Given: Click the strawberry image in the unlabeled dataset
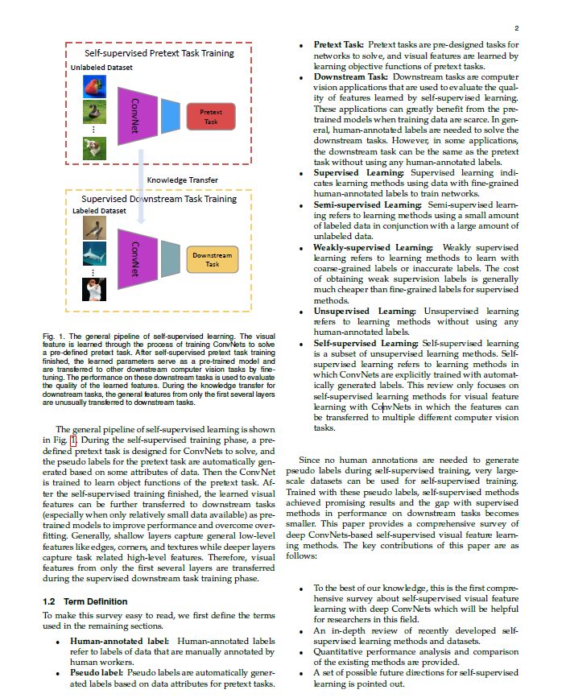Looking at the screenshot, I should coord(95,86).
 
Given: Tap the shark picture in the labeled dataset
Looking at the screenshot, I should coord(95,254).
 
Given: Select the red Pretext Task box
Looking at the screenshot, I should coord(211,117).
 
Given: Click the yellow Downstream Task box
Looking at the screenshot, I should coord(212,259).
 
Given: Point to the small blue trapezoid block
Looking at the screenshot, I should coord(171,115).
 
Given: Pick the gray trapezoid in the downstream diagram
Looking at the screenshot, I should coord(170,258).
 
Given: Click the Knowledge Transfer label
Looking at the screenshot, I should coord(182,179).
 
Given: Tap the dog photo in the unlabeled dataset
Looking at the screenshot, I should coord(95,147).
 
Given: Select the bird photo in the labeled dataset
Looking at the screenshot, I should coord(95,228).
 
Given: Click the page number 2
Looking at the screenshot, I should coord(516,27).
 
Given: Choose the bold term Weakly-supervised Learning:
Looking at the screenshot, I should coord(373,247).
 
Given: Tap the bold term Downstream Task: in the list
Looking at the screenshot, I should coord(350,76).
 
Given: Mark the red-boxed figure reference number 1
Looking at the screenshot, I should coord(73,440).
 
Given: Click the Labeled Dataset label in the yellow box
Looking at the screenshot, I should coord(99,211).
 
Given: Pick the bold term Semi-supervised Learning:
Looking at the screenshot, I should coord(367,204).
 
